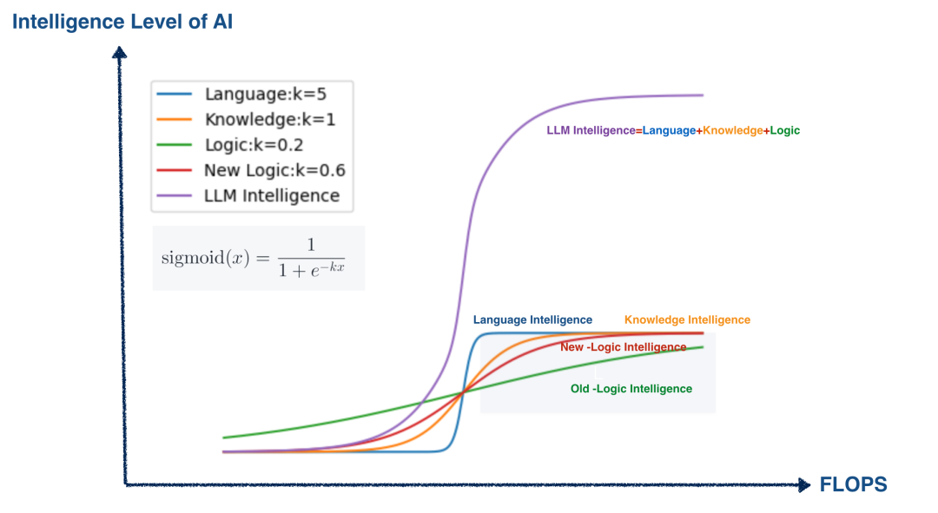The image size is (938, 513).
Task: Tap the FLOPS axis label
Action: [853, 484]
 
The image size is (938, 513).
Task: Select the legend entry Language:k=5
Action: [265, 94]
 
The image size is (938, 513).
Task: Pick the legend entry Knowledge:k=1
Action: [269, 119]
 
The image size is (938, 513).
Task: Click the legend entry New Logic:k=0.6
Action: [274, 170]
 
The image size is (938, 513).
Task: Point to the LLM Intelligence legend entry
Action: [272, 195]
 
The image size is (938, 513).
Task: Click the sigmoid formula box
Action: [258, 258]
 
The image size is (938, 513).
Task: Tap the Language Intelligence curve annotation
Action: [532, 320]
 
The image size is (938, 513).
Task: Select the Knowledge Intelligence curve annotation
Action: [687, 320]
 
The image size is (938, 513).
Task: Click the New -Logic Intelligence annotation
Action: [623, 347]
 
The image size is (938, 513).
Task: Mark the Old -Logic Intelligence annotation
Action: [631, 389]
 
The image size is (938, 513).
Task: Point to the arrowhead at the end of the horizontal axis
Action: [803, 484]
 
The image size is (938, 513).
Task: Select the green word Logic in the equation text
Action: [784, 130]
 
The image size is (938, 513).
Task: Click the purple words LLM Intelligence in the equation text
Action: [591, 130]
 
